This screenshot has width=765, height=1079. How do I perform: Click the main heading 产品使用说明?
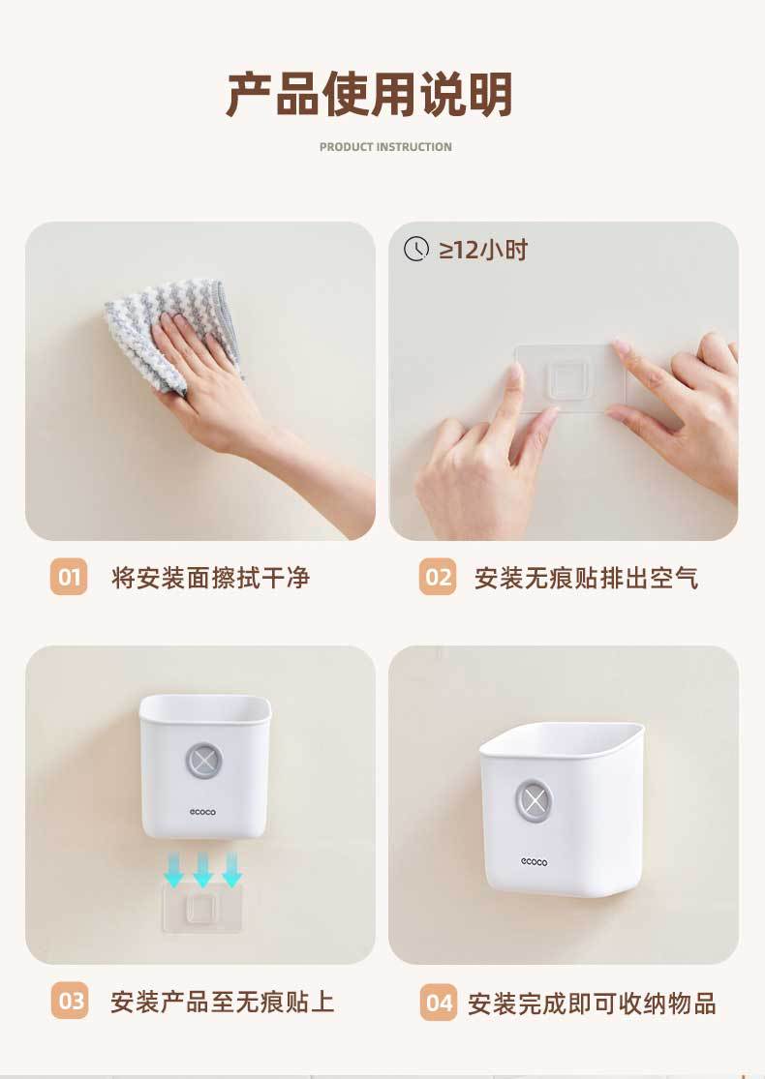(369, 94)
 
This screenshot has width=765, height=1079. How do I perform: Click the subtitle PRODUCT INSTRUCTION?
(385, 146)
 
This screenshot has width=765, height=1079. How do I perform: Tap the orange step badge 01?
(69, 577)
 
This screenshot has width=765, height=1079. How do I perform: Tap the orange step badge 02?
(438, 577)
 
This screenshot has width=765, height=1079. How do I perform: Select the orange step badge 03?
(70, 1001)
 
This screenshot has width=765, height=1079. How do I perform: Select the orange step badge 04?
(439, 1003)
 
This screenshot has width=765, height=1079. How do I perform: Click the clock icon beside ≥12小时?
(415, 249)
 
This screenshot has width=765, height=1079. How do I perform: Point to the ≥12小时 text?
(483, 250)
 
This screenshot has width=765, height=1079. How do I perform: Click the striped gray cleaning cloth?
(172, 334)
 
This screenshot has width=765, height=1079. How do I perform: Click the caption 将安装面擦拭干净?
(211, 578)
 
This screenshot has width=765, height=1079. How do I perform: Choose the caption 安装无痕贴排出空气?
(586, 578)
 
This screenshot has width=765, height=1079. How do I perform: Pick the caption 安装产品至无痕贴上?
(223, 1002)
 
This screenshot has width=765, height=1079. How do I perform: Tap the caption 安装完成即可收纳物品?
(593, 1004)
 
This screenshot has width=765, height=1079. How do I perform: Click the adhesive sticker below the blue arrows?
(201, 909)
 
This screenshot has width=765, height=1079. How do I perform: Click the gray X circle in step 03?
(203, 761)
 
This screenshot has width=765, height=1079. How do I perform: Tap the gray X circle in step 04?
(535, 800)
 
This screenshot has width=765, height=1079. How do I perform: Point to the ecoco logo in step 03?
(202, 812)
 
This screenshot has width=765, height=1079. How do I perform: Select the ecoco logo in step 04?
(535, 861)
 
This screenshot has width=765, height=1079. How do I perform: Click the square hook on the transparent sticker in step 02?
(568, 377)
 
